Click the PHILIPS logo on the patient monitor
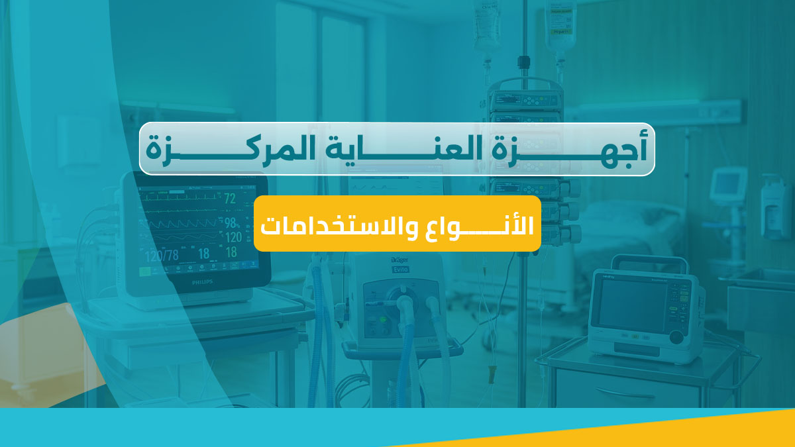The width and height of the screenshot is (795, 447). pos(195,282)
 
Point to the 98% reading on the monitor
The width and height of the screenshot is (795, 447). pos(231,223)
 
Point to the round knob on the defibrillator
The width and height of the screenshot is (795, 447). pos(676,336)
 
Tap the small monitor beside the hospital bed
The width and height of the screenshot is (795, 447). pos(728,185)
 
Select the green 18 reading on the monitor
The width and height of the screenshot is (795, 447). pos(231,252)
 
